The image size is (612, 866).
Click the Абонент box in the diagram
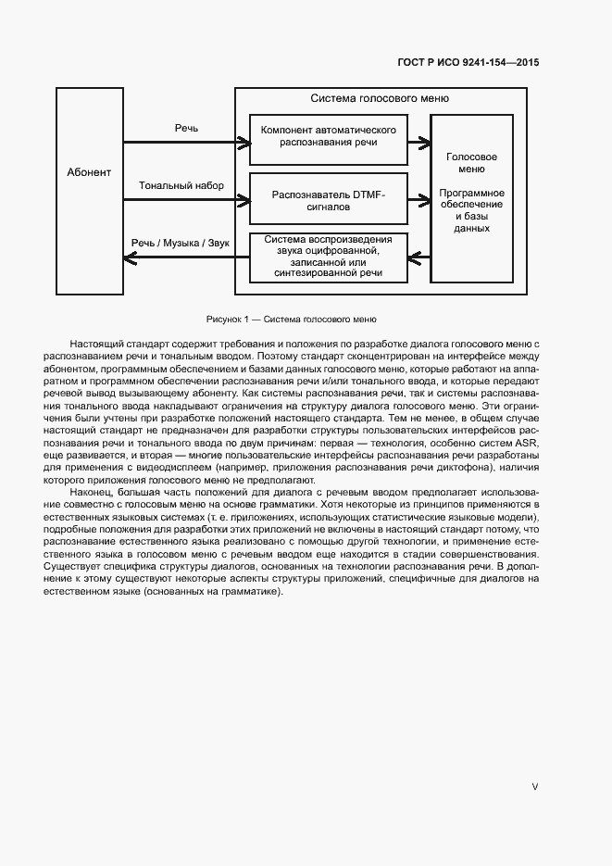[89, 172]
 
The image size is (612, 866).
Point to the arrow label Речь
[186, 128]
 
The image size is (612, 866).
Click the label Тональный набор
[181, 186]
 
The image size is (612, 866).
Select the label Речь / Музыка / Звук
[181, 242]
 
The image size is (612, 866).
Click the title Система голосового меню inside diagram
[380, 98]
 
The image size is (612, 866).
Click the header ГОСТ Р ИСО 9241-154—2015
[468, 63]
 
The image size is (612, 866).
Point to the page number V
[534, 786]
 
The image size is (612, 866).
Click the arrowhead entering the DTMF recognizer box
[245, 197]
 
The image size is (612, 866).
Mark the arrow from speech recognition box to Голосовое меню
[420, 143]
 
